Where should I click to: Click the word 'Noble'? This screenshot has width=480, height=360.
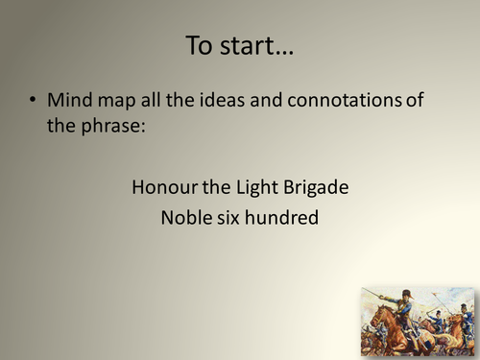click(x=186, y=218)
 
